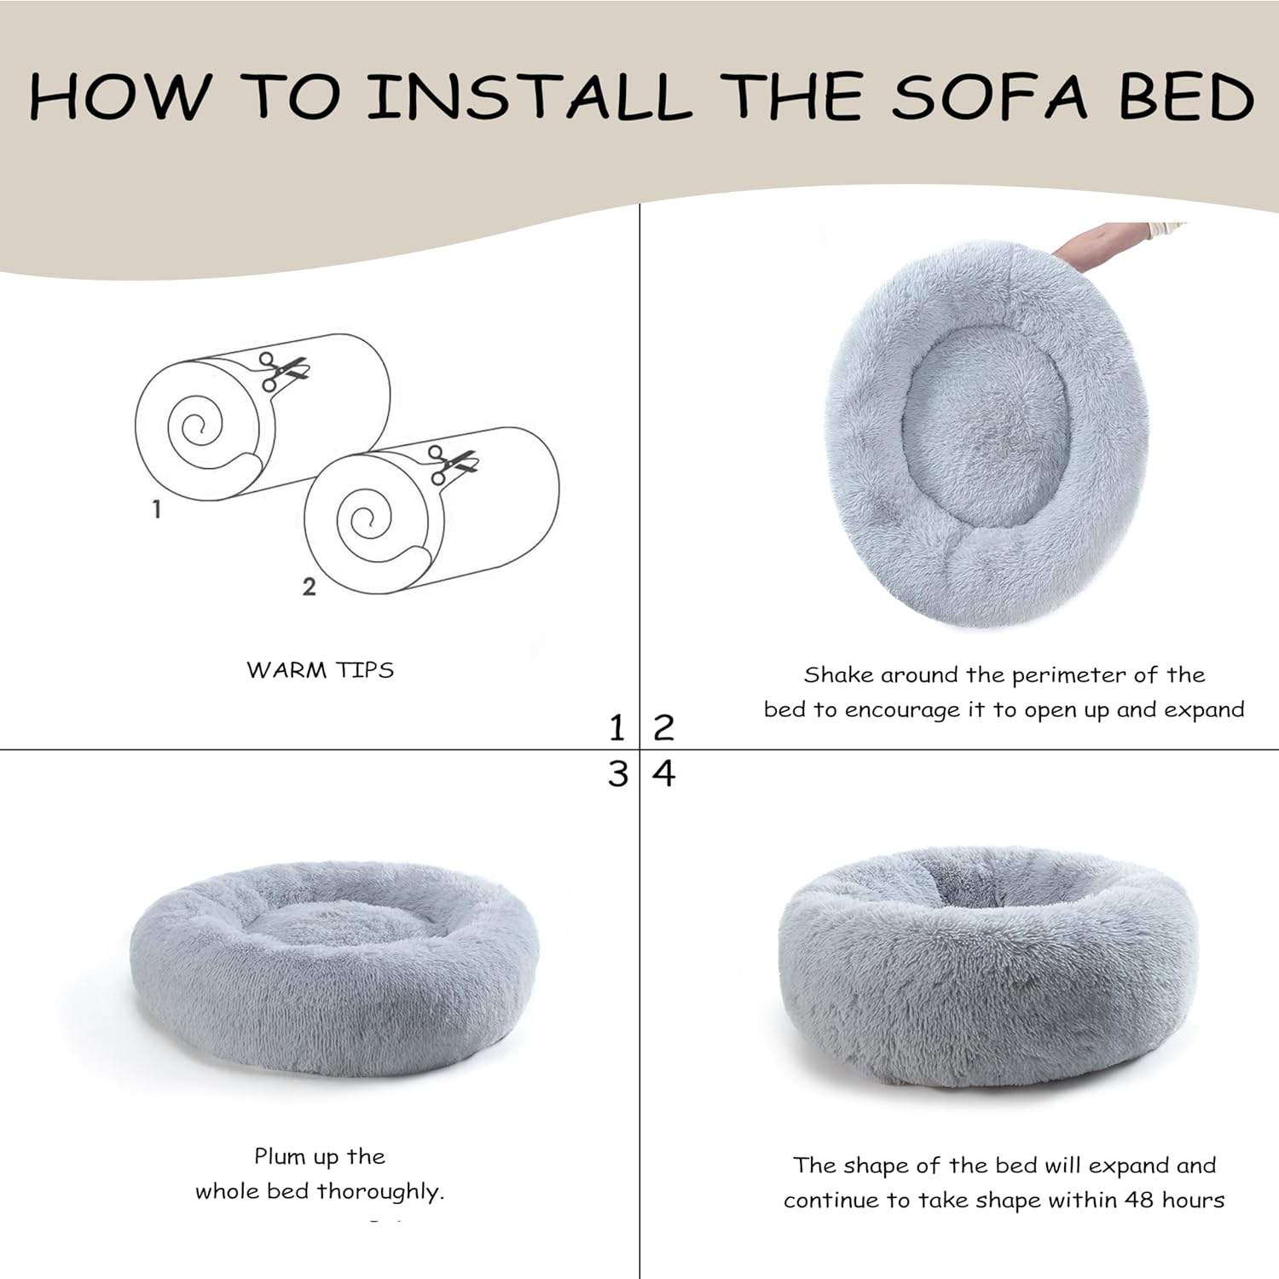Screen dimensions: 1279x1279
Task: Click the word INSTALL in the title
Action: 529,95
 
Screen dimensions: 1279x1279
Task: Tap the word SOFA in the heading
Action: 990,95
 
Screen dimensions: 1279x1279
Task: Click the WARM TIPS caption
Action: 320,670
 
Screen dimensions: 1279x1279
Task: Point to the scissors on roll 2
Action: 452,465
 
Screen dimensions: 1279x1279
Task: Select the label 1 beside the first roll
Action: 156,509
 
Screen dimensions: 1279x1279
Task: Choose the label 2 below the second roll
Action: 309,587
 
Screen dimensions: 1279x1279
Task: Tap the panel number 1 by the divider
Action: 617,728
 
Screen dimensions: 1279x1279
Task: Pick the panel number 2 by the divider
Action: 663,728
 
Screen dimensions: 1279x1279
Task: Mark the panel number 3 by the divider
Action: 617,774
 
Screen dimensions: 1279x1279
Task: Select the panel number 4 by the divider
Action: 663,774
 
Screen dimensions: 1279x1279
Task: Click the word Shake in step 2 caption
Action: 838,675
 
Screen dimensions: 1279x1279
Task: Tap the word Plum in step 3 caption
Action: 280,1157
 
